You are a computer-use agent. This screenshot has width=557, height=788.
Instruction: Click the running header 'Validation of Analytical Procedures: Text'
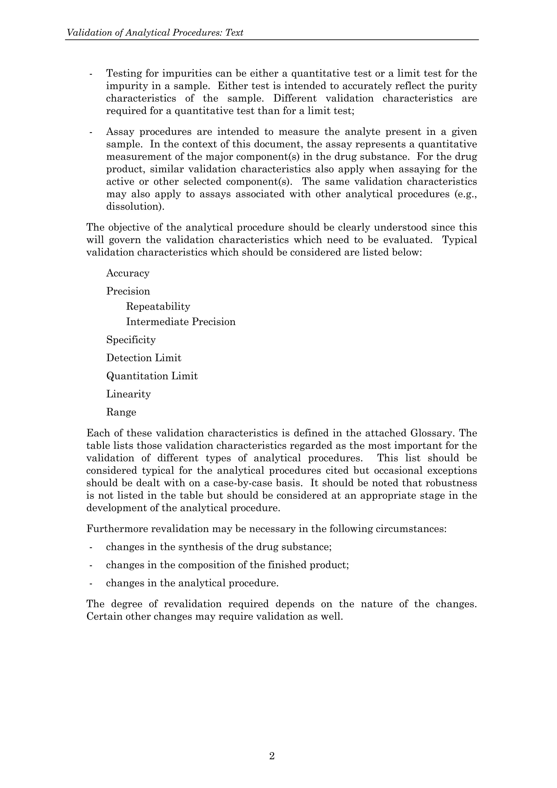click(x=155, y=33)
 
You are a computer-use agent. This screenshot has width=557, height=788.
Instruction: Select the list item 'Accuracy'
click(x=128, y=273)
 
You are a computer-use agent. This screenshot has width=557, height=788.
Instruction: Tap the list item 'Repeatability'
click(x=158, y=307)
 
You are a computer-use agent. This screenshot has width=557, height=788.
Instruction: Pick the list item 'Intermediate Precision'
click(x=181, y=322)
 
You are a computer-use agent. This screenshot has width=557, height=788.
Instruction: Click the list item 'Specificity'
click(x=131, y=340)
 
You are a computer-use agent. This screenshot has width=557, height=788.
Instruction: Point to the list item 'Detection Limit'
click(x=143, y=358)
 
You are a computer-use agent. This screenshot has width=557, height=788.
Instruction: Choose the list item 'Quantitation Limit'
click(x=152, y=376)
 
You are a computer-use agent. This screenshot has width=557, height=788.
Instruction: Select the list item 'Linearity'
click(x=128, y=394)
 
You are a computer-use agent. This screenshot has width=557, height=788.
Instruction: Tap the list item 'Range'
click(x=121, y=412)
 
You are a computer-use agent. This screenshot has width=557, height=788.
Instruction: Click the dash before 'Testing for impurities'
click(x=91, y=74)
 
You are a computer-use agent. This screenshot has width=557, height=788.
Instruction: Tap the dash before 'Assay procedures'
click(x=91, y=132)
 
